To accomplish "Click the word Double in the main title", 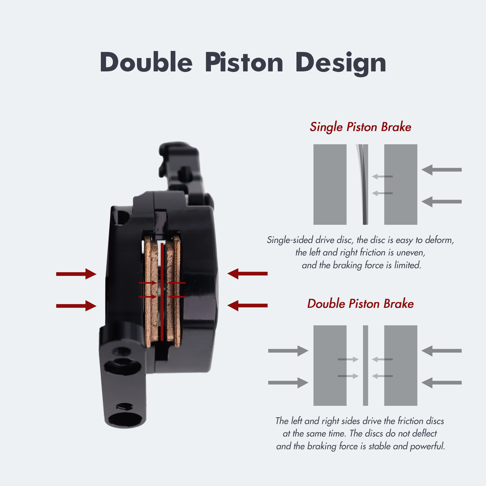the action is click(146, 62).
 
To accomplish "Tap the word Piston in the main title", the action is click(244, 62).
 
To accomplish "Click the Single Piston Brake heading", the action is click(361, 127).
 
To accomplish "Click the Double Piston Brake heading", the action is click(361, 304).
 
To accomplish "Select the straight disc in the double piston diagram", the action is click(365, 365).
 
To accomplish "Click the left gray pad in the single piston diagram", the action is click(330, 184).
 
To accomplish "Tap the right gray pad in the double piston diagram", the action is click(401, 365).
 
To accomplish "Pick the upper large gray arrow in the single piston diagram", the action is click(442, 169).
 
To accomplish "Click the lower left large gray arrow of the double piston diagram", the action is click(288, 383).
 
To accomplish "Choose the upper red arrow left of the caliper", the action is click(76, 274).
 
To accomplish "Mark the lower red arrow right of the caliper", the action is click(248, 305).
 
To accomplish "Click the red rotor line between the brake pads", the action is click(162, 292).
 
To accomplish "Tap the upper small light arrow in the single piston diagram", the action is click(382, 176).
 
